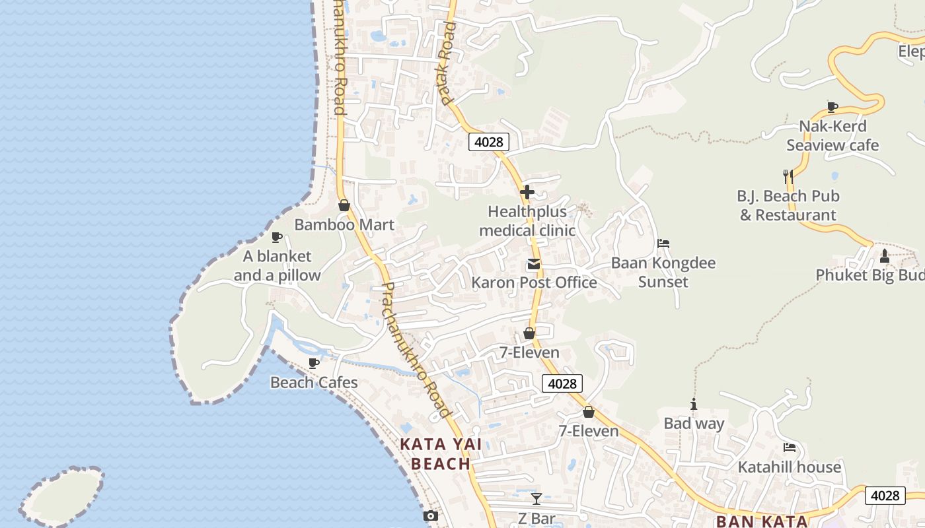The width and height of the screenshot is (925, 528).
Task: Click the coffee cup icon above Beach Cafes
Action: tap(314, 363)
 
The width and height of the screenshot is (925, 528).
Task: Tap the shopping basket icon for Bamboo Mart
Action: tap(344, 205)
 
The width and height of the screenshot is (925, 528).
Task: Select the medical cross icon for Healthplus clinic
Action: tap(527, 192)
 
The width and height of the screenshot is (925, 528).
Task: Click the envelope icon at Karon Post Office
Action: tap(533, 265)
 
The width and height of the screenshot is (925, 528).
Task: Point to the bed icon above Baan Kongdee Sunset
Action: tap(663, 244)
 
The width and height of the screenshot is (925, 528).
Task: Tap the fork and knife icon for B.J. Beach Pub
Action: tap(788, 176)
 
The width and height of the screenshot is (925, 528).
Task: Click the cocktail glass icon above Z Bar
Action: tap(536, 498)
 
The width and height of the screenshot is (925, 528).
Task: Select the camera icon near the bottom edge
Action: tap(431, 515)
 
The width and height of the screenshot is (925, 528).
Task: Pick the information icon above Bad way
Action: tap(694, 404)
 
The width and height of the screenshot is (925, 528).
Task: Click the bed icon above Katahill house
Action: tap(789, 447)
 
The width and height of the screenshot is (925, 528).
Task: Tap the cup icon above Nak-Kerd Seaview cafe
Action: tap(832, 107)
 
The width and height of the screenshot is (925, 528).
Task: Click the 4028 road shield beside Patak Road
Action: tap(489, 141)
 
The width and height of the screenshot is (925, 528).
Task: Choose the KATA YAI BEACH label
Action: tap(441, 454)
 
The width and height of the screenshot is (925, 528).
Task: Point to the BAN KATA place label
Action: tap(762, 521)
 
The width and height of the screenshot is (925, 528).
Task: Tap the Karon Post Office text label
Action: tap(534, 282)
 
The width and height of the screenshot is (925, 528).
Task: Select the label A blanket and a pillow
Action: tap(277, 266)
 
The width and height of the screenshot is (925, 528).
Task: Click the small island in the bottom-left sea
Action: tap(63, 495)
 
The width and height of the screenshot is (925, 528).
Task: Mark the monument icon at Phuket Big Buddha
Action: tap(885, 255)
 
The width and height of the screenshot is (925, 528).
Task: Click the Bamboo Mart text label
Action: tap(344, 224)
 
